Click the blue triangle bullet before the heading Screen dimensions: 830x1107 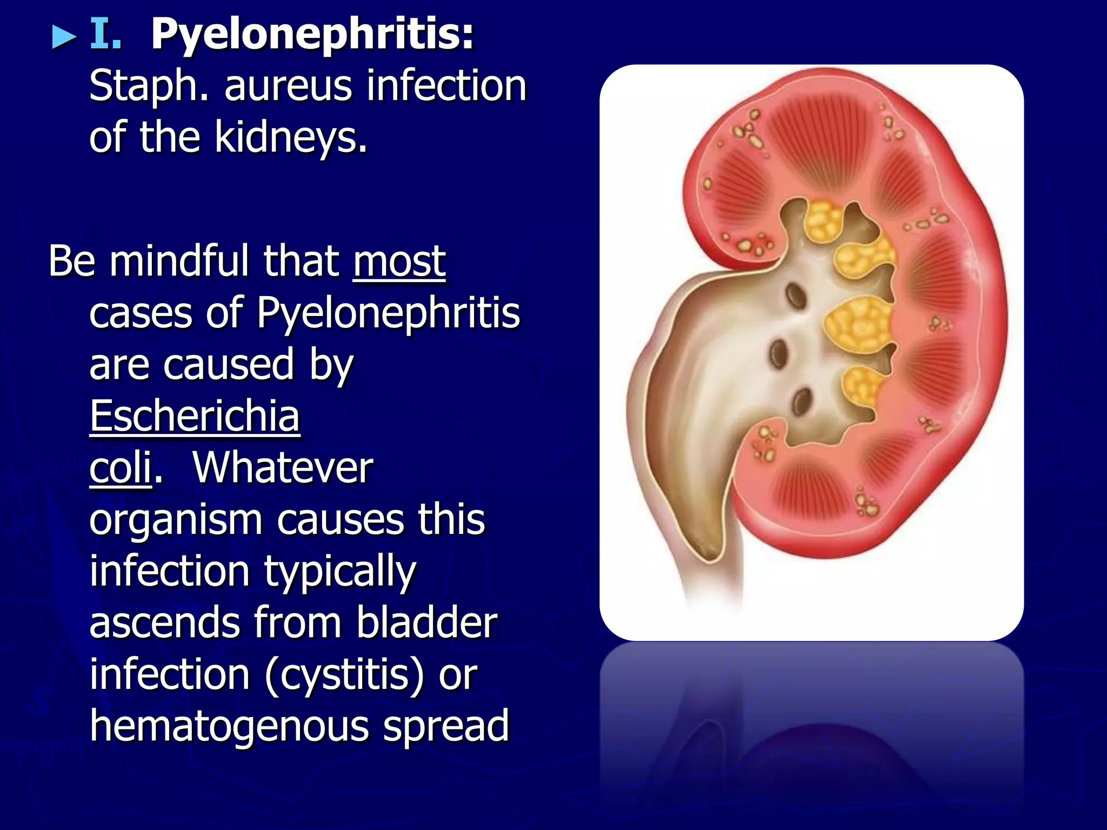[64, 38]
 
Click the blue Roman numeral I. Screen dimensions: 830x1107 [105, 34]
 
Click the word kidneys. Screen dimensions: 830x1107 [291, 137]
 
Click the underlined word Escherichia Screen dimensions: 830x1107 [195, 416]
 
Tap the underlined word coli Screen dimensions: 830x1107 [121, 468]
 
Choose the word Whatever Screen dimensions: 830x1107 [283, 468]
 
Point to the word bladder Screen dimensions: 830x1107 [426, 623]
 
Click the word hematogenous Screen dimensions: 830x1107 [230, 726]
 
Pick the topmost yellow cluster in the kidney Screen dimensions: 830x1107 [822, 220]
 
